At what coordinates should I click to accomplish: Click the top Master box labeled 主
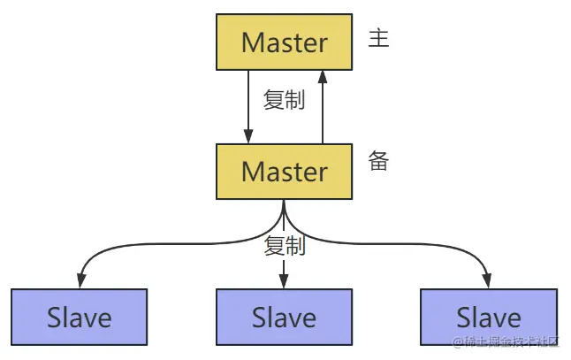click(x=285, y=42)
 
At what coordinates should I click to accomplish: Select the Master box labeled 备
click(x=285, y=171)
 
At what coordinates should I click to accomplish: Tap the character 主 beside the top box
click(x=378, y=40)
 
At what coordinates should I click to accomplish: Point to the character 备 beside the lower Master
click(x=378, y=161)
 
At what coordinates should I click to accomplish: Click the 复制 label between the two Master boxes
click(x=285, y=99)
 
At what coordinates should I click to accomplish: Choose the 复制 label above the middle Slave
click(x=285, y=246)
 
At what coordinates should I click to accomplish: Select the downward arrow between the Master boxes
click(x=248, y=106)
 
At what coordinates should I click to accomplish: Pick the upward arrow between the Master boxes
click(x=323, y=106)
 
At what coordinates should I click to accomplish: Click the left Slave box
click(x=80, y=316)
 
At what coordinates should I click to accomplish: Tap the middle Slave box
click(x=285, y=316)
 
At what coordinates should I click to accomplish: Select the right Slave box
click(x=489, y=316)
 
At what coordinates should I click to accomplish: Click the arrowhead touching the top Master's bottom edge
click(x=323, y=76)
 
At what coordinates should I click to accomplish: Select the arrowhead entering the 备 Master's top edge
click(x=248, y=137)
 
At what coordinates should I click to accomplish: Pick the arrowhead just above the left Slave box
click(x=80, y=280)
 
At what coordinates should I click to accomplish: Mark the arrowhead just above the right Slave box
click(x=489, y=280)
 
